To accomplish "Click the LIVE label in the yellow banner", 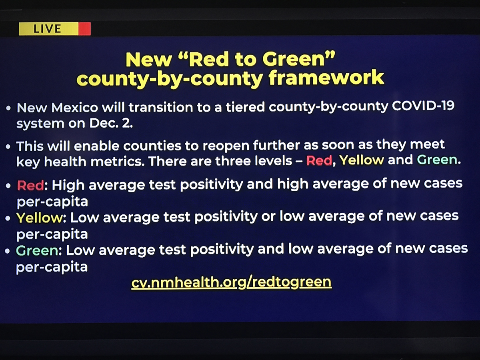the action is click(47, 29).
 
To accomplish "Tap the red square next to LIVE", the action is click(84, 29).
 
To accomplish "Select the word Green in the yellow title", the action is click(294, 59).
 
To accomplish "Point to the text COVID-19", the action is click(423, 106).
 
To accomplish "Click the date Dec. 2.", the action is click(111, 123).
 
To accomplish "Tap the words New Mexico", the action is click(58, 107).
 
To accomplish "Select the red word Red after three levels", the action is click(319, 160).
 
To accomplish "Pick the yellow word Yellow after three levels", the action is click(362, 160).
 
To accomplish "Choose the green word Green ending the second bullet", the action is click(437, 160).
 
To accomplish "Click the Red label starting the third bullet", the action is click(30, 185).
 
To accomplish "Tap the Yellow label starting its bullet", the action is click(39, 218).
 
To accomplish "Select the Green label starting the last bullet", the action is click(37, 250).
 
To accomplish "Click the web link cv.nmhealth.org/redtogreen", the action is click(231, 282).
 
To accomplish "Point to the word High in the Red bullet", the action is click(68, 185).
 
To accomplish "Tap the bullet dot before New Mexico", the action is click(8, 108).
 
